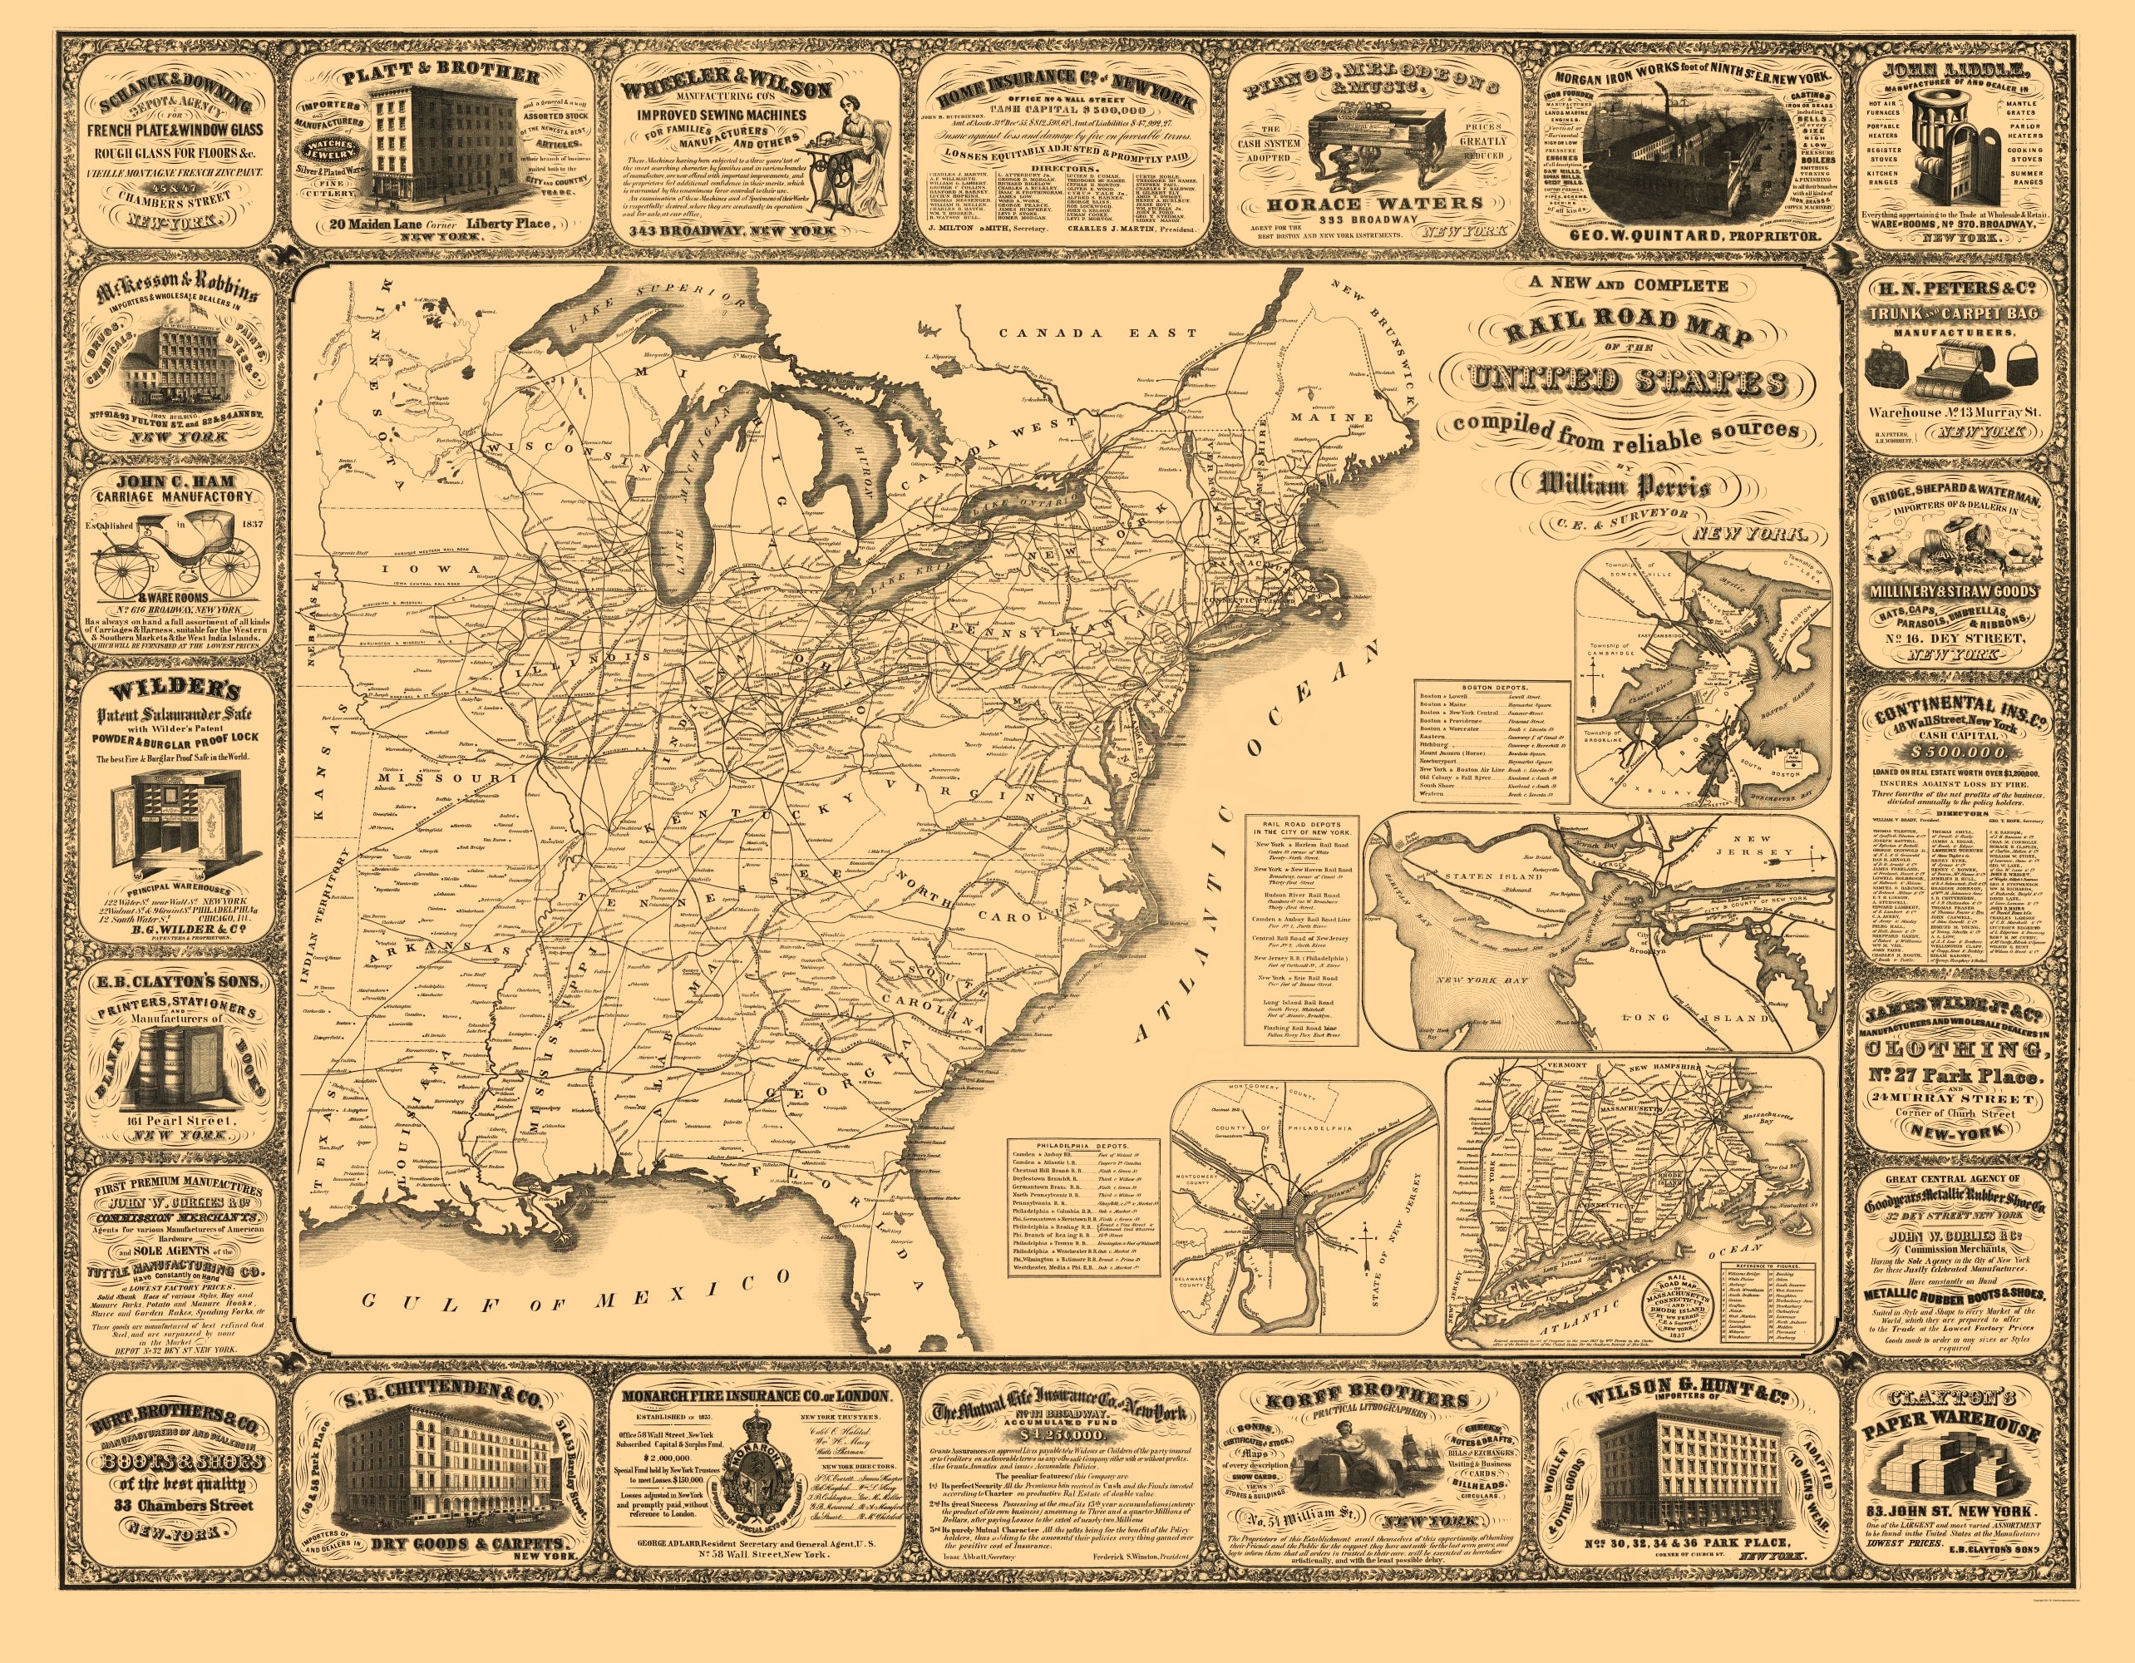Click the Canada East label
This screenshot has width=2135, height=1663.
tap(1097, 333)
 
